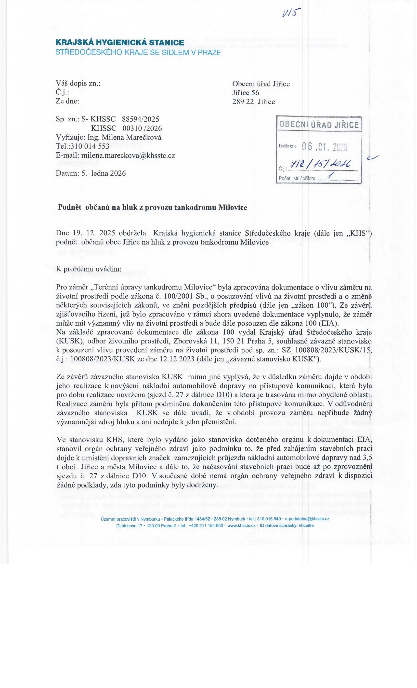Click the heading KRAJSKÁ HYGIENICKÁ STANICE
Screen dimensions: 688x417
pyautogui.click(x=120, y=43)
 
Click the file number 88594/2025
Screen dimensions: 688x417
pyautogui.click(x=141, y=119)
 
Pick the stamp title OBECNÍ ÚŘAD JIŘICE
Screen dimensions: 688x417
pyautogui.click(x=319, y=125)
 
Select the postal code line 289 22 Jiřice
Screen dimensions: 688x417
pyautogui.click(x=253, y=102)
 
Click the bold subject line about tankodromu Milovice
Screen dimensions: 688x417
pyautogui.click(x=152, y=207)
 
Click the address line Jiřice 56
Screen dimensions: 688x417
pyautogui.click(x=246, y=93)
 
